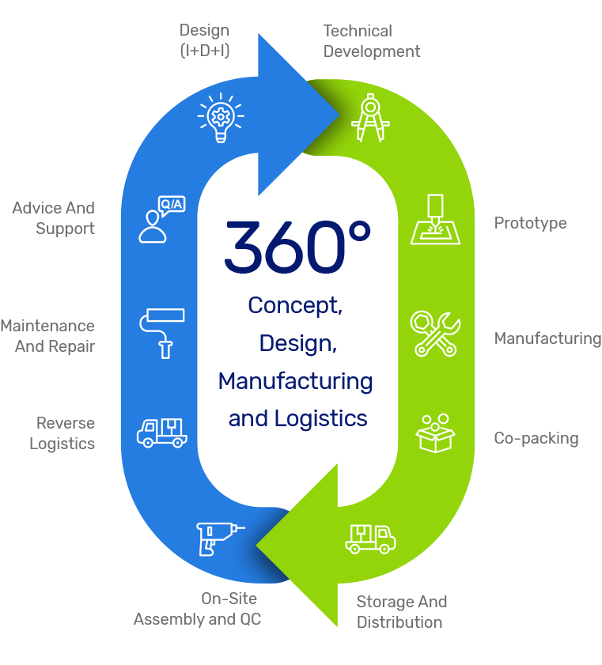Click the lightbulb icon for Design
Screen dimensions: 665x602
(x=221, y=117)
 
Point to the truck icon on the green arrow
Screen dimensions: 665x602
(x=370, y=538)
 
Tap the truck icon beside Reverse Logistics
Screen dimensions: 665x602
(x=162, y=431)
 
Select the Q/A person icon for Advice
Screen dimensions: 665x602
(x=161, y=219)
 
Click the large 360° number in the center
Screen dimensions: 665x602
(x=297, y=247)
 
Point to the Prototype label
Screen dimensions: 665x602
(x=530, y=224)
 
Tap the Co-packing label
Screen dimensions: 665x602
(x=536, y=438)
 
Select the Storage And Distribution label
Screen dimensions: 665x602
(x=402, y=612)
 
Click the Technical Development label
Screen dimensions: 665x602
(x=372, y=41)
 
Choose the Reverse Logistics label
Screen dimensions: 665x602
(x=62, y=433)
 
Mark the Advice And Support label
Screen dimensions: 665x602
(x=54, y=218)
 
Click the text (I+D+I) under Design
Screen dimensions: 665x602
(x=205, y=51)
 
